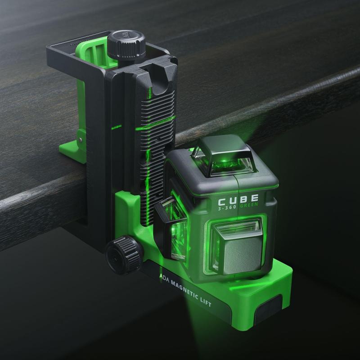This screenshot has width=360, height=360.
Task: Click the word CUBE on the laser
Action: [238, 199]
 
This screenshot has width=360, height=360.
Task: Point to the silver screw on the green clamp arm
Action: [81, 140]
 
